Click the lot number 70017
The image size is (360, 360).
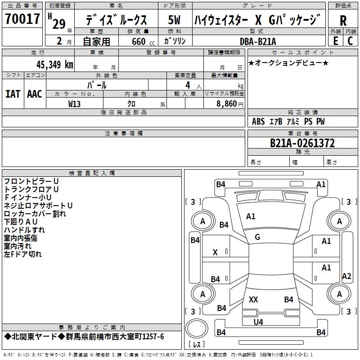(x=22, y=19)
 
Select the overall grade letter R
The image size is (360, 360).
(x=343, y=20)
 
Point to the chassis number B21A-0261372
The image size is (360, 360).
(x=302, y=143)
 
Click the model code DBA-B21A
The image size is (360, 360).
(x=258, y=41)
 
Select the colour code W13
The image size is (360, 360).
(x=75, y=103)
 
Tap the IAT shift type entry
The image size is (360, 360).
(x=13, y=94)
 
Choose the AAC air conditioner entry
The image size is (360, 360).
(x=35, y=94)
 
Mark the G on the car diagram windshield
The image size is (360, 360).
(x=257, y=237)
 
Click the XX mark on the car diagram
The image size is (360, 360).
(x=253, y=300)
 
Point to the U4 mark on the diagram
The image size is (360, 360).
(x=258, y=322)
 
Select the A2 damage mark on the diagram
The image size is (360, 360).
(x=346, y=276)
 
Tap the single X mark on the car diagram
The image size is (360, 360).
(x=215, y=253)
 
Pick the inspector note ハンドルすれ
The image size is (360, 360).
(x=24, y=230)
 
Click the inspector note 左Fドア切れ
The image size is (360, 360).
(x=22, y=254)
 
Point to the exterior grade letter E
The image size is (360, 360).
(x=335, y=41)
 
